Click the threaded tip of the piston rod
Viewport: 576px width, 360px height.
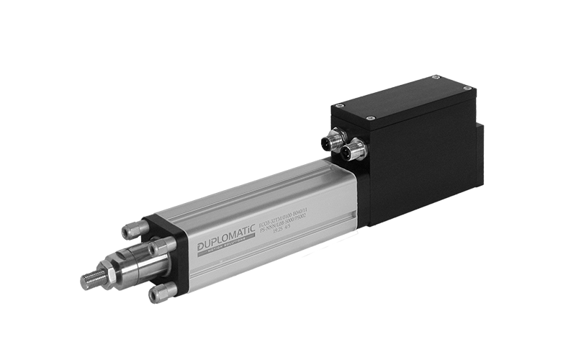(x=91, y=281)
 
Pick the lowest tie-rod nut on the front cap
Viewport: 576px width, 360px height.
(x=161, y=292)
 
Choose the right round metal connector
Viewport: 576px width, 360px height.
(x=354, y=150)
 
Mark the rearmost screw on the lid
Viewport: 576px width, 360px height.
(x=436, y=76)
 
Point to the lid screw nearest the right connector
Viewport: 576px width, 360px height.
(x=369, y=117)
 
